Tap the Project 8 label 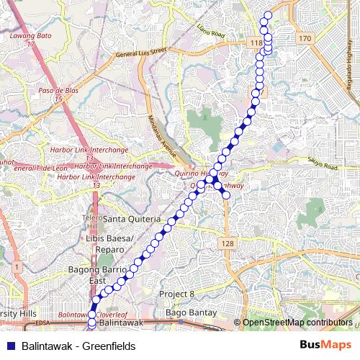[x=177, y=294]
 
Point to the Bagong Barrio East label [x=92, y=274]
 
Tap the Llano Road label [x=211, y=31]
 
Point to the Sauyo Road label [x=321, y=165]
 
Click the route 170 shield [x=305, y=37]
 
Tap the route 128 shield [x=228, y=244]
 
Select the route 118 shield [x=256, y=43]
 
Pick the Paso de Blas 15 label [x=58, y=94]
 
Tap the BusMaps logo [x=325, y=346]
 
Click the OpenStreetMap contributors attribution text [x=297, y=323]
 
